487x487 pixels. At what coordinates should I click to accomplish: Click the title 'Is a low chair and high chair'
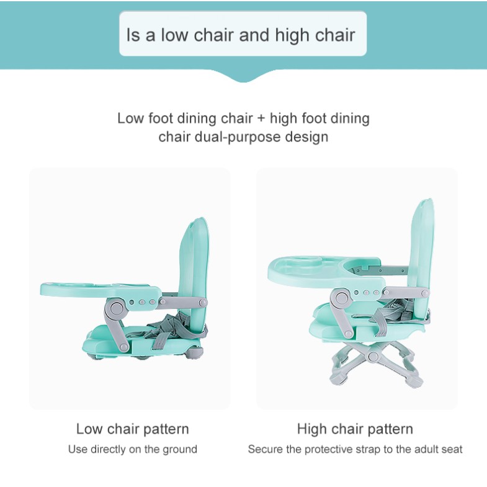tap(241, 35)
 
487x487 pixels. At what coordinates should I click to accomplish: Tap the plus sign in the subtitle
tap(261, 119)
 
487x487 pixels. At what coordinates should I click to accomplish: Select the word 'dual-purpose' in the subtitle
tap(238, 137)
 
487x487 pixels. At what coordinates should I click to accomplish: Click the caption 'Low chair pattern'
tap(133, 429)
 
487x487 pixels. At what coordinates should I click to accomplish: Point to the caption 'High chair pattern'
tap(355, 429)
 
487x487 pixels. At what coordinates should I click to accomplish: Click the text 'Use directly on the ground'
tap(133, 449)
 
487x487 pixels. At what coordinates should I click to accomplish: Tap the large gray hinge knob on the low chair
tap(116, 308)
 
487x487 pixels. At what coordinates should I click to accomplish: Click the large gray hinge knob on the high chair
tap(341, 299)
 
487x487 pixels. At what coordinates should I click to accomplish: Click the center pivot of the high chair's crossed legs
tap(373, 356)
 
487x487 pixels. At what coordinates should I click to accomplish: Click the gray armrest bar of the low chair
tap(182, 302)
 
